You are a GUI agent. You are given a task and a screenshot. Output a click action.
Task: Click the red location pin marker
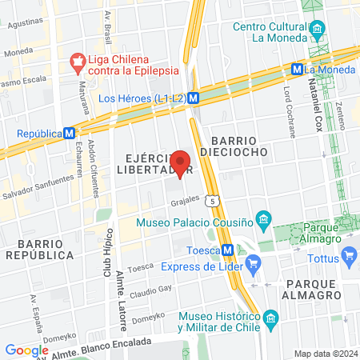click(180, 162)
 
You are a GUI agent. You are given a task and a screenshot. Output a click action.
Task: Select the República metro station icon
click(70, 134)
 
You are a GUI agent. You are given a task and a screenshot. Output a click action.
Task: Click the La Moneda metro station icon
click(297, 69)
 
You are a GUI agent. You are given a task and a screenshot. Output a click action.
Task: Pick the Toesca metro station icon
click(229, 250)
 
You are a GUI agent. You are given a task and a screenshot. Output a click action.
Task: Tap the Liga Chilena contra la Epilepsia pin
click(78, 60)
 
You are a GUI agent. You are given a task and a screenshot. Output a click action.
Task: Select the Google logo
click(26, 350)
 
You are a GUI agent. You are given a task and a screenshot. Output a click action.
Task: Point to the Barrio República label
click(39, 248)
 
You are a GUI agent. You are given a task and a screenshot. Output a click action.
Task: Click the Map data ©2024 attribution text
click(325, 353)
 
